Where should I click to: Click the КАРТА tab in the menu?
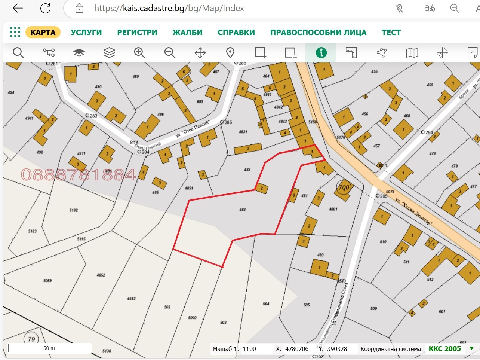click(x=43, y=32)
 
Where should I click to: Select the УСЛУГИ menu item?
click(x=86, y=32)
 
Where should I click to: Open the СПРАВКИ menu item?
click(x=236, y=32)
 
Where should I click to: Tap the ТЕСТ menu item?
click(x=391, y=32)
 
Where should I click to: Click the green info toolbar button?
click(x=321, y=53)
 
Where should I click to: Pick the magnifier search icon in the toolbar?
click(x=18, y=53)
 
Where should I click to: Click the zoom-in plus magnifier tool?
click(x=139, y=53)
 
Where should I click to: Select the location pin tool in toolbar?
click(x=230, y=53)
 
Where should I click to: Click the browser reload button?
click(x=45, y=8)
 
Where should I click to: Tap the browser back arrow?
click(x=18, y=8)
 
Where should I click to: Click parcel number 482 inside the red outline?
click(x=243, y=210)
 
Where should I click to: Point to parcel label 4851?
click(x=189, y=188)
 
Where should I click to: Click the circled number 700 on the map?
click(x=344, y=187)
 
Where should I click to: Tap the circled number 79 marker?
click(x=31, y=339)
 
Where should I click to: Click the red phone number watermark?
click(x=79, y=175)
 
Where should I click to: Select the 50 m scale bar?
click(x=49, y=348)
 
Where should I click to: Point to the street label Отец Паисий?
click(x=193, y=129)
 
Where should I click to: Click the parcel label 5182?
click(x=74, y=210)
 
